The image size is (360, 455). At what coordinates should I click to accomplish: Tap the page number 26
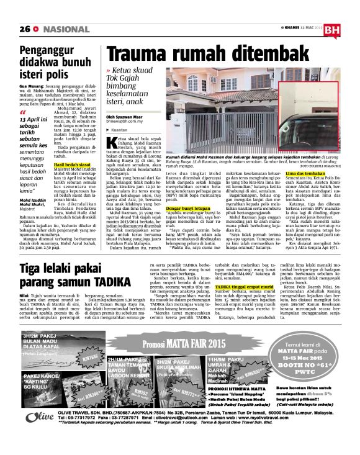[24, 29]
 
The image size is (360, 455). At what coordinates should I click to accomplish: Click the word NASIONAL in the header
[64, 29]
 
